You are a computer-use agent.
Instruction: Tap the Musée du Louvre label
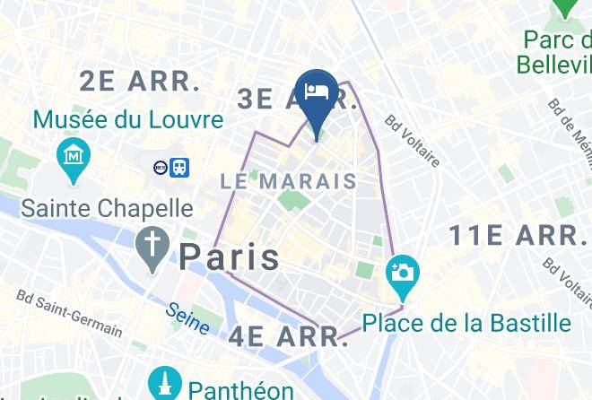128,119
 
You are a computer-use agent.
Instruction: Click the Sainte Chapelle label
107,208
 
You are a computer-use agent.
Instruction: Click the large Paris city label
230,257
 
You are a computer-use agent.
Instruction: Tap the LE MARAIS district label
288,181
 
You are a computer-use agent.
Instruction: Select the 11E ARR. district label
515,236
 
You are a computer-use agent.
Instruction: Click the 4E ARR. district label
287,337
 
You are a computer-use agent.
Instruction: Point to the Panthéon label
240,389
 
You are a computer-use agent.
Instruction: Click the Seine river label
187,317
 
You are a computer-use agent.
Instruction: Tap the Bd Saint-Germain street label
69,312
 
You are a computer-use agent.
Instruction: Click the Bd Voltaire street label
413,141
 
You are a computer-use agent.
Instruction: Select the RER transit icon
161,166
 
